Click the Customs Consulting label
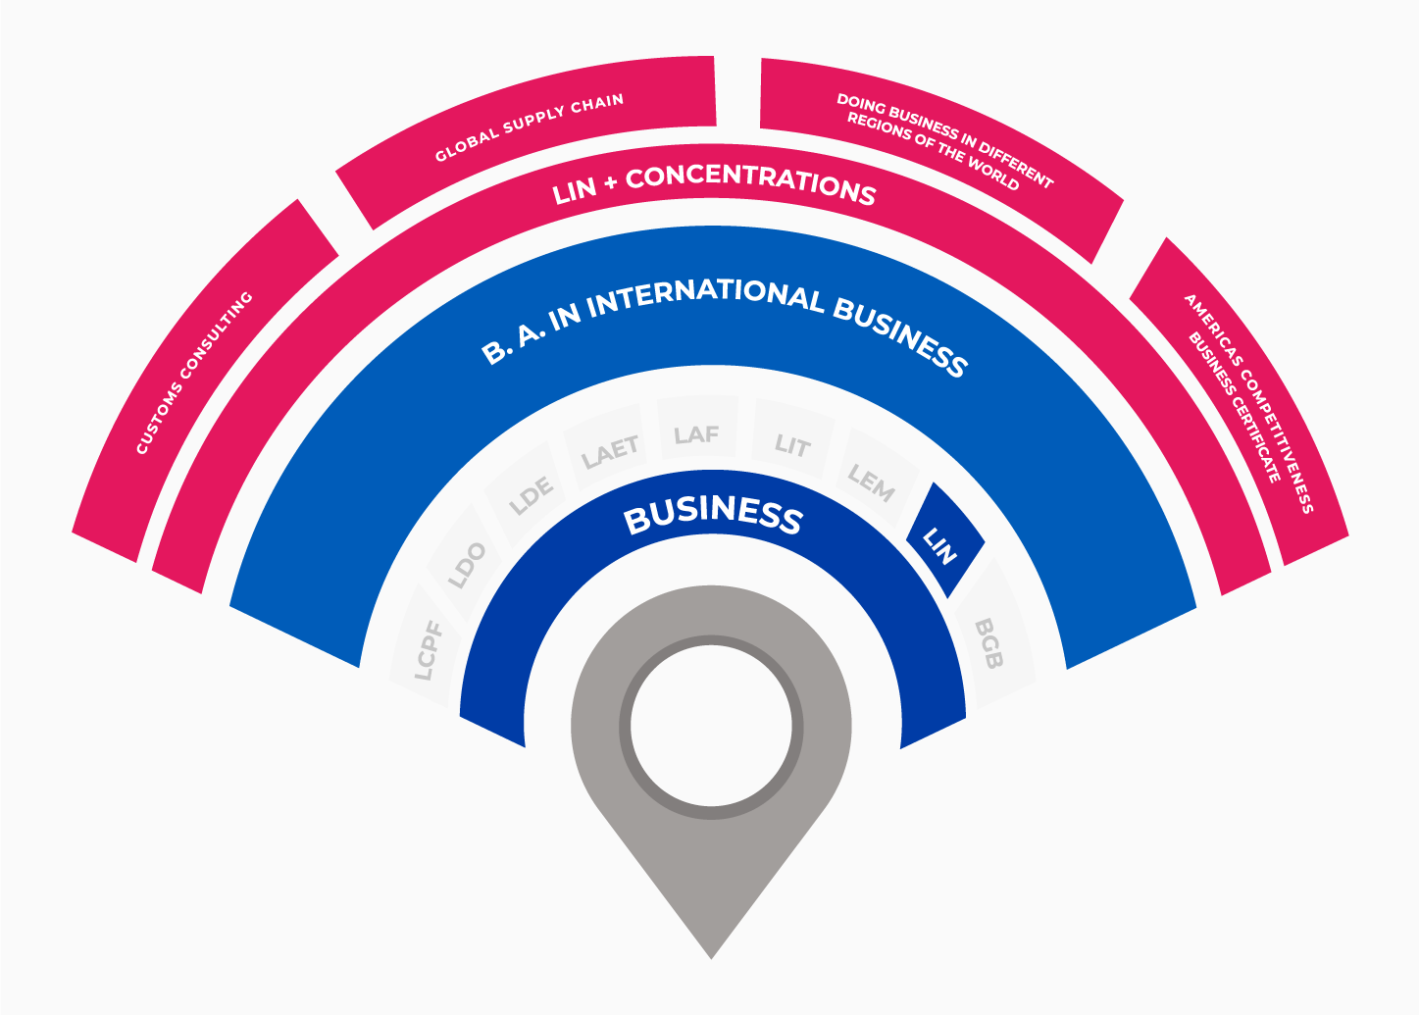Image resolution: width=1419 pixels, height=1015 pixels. pos(194,373)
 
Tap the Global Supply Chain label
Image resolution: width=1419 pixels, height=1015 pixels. pos(529,127)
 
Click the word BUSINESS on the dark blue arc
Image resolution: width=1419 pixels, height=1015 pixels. pos(713,515)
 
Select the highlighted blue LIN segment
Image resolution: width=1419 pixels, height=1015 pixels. pos(944,540)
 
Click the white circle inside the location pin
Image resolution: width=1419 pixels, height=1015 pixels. pos(711,726)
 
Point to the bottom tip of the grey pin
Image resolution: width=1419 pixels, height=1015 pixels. pos(711,959)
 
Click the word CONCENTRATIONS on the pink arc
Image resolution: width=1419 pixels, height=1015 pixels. pos(751,185)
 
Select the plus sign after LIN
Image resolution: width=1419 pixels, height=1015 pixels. pos(611,184)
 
